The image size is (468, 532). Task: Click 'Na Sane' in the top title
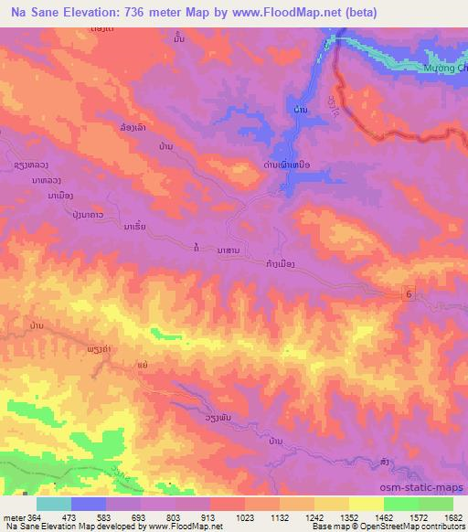pyautogui.click(x=33, y=12)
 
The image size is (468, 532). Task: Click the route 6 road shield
pyautogui.click(x=409, y=291)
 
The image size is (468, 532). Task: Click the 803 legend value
pyautogui.click(x=175, y=517)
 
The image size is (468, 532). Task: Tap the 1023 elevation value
pyautogui.click(x=245, y=517)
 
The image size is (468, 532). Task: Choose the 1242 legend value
pyautogui.click(x=315, y=517)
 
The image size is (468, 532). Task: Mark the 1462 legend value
pyautogui.click(x=385, y=517)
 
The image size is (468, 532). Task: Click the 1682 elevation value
pyautogui.click(x=453, y=517)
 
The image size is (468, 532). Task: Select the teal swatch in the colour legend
pyautogui.click(x=54, y=504)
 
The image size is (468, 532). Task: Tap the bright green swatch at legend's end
pyautogui.click(x=436, y=504)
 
